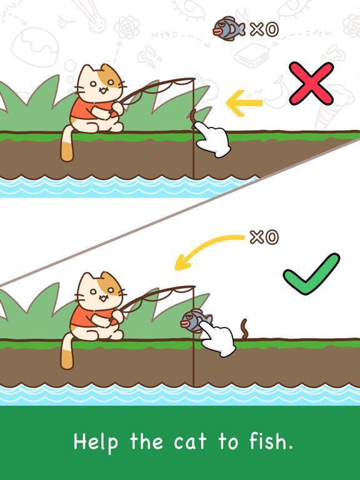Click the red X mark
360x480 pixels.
(x=311, y=83)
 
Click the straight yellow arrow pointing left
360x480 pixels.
(x=244, y=103)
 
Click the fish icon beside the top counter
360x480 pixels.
(x=229, y=29)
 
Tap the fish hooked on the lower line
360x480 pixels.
(x=196, y=321)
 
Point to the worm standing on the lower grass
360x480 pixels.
(x=245, y=329)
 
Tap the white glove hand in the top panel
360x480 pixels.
(x=212, y=139)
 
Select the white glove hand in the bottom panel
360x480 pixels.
(x=218, y=341)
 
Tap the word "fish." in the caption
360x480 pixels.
(x=271, y=441)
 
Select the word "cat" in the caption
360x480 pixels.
(x=190, y=442)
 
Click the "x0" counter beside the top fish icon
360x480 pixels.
(x=264, y=30)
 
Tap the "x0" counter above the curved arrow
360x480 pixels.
(x=264, y=237)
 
